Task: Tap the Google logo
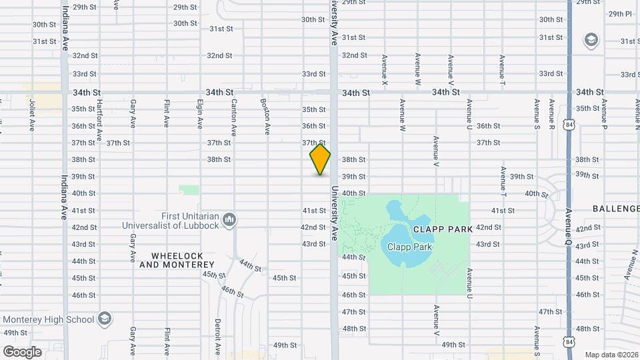(22, 351)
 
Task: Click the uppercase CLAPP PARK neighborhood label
(443, 229)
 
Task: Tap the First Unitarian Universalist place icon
(229, 219)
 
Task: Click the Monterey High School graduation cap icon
(105, 319)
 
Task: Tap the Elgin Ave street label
(199, 114)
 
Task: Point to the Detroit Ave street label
(217, 335)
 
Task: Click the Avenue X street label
(384, 69)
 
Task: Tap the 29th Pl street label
(620, 13)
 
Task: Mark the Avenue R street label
(552, 115)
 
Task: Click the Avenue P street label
(604, 115)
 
